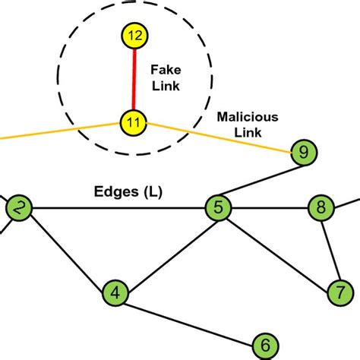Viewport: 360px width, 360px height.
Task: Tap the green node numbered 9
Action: coord(303,153)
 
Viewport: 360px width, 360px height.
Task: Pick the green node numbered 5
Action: coord(218,207)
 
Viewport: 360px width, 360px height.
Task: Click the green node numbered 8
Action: coord(321,207)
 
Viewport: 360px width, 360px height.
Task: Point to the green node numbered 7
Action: coord(339,291)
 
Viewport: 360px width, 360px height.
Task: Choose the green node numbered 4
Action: coord(115,292)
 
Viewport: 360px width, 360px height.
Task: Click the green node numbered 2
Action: coord(18,207)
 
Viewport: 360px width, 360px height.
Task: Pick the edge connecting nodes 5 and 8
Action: coord(270,207)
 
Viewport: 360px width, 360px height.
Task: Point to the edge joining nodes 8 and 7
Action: coord(330,249)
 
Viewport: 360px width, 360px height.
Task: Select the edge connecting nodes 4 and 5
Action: coord(167,249)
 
